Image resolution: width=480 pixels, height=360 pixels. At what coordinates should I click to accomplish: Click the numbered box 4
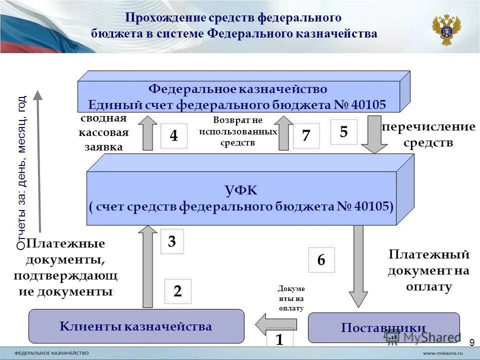(x=173, y=136)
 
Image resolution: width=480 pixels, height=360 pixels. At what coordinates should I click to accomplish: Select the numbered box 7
(x=306, y=135)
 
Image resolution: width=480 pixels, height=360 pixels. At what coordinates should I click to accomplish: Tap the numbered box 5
(x=343, y=132)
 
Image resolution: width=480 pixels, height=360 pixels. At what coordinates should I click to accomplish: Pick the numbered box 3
(x=171, y=242)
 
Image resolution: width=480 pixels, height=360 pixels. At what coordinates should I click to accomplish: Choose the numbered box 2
(x=177, y=291)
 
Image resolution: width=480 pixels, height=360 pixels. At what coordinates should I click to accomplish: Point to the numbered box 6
(x=321, y=260)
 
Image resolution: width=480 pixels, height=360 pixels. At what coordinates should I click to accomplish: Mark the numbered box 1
(x=279, y=339)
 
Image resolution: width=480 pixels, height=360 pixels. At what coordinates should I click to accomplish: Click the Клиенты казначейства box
(x=136, y=326)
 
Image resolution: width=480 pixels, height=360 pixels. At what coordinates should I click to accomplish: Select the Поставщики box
(x=383, y=327)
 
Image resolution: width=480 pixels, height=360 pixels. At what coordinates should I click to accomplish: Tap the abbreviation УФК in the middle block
(x=241, y=189)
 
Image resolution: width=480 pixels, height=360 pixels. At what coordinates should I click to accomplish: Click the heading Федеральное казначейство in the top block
(x=237, y=89)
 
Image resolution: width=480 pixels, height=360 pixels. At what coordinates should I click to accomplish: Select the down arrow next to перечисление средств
(x=374, y=133)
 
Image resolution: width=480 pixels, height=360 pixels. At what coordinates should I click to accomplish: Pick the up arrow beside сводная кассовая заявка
(x=147, y=132)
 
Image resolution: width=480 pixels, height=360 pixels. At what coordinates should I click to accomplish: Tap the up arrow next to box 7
(x=283, y=133)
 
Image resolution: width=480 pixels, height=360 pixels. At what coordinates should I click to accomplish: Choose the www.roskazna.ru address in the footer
(x=437, y=352)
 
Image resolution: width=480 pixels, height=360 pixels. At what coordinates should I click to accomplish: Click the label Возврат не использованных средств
(x=237, y=131)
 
